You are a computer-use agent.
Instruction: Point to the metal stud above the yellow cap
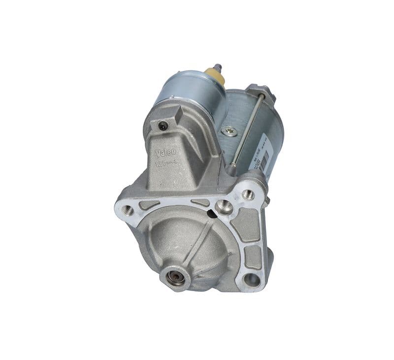click(217, 67)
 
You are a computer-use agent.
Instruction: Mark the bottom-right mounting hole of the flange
click(252, 280)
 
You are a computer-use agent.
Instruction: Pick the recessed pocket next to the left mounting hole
click(148, 205)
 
